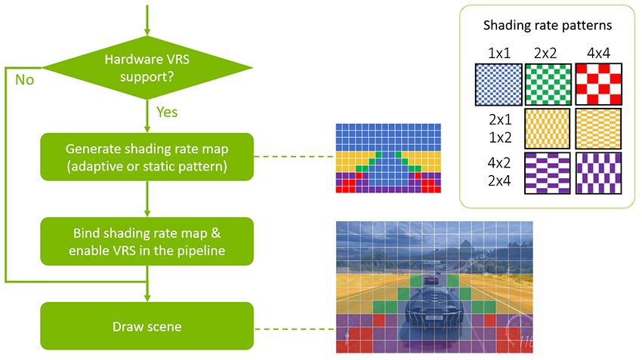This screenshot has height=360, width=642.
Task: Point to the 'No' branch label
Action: click(24, 79)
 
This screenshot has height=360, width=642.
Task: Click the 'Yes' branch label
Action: click(167, 112)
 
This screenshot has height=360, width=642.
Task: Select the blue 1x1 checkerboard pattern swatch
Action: click(498, 84)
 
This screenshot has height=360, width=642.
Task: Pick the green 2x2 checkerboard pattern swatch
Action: click(548, 84)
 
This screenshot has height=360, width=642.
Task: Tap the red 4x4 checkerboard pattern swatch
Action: click(598, 84)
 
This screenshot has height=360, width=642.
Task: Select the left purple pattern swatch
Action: click(548, 174)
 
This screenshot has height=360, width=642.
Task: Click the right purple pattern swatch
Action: click(598, 174)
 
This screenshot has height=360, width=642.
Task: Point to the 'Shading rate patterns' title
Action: click(548, 25)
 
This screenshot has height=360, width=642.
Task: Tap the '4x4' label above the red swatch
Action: click(598, 53)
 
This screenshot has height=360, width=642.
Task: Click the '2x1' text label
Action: click(498, 120)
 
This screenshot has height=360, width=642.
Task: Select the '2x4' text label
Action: click(498, 182)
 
